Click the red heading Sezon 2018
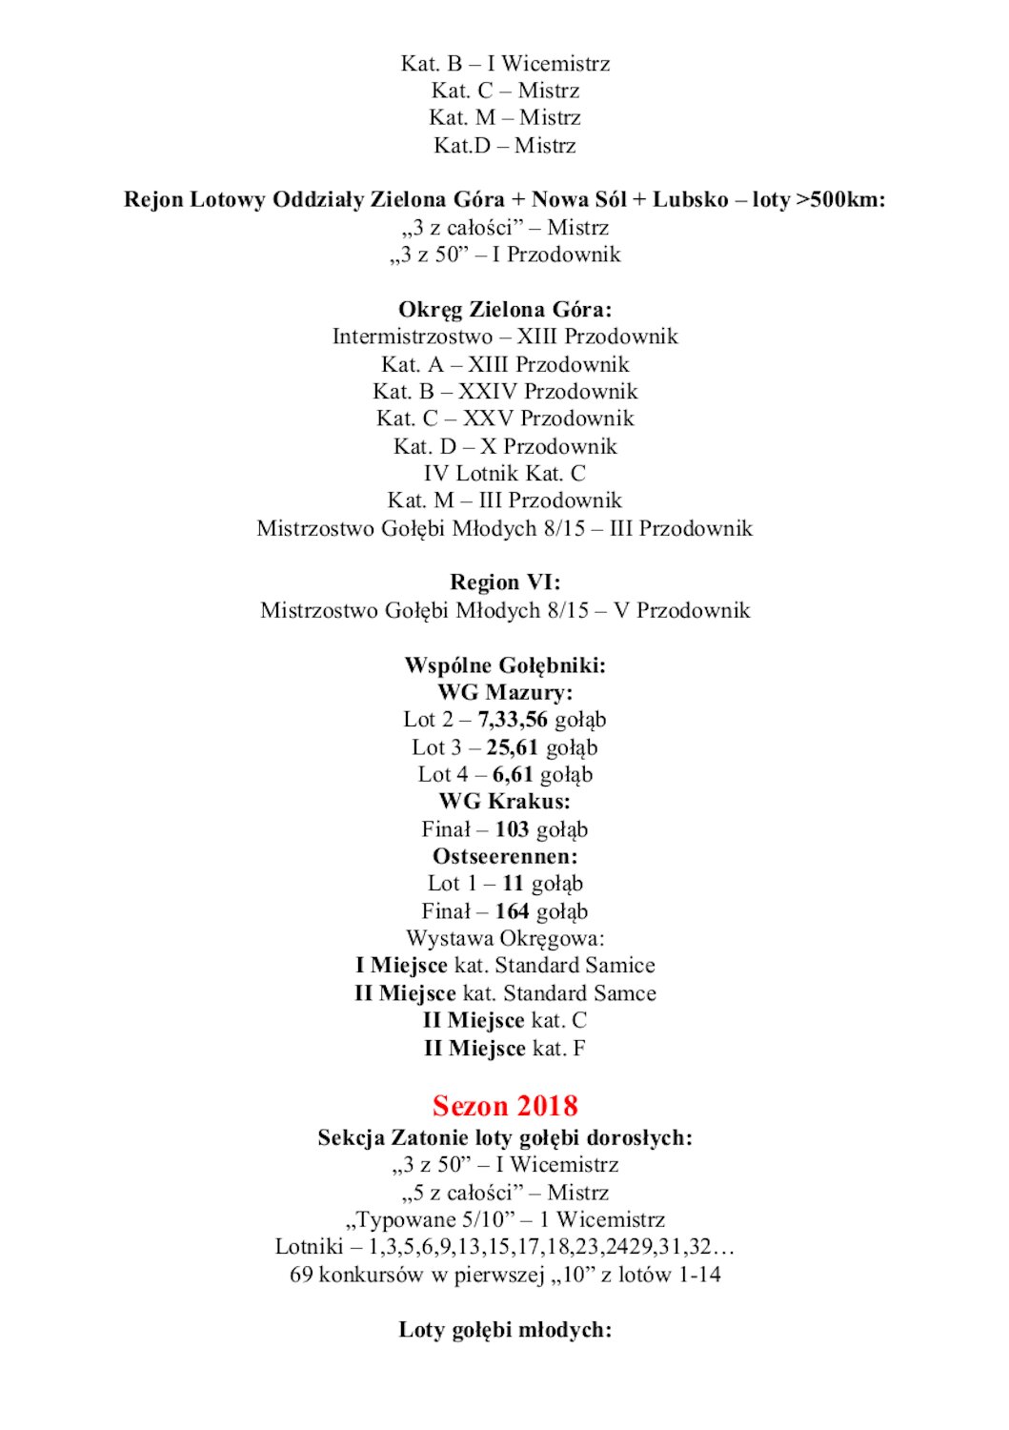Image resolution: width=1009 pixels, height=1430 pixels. (x=505, y=1106)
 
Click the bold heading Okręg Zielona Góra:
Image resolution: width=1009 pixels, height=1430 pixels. (x=505, y=310)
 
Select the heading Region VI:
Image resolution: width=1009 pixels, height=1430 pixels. (x=505, y=582)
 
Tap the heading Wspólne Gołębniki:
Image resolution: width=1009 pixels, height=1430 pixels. (x=505, y=665)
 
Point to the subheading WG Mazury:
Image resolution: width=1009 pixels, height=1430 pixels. (x=505, y=693)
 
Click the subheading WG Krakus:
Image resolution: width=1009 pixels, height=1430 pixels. (x=505, y=802)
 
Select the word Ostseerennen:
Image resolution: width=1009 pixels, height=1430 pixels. (x=505, y=856)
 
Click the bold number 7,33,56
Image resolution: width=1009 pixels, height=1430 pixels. (x=513, y=720)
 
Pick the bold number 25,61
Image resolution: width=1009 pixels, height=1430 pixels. (x=513, y=747)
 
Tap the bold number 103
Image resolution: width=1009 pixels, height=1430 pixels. (x=512, y=829)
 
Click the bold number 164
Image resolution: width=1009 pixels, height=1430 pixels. (x=512, y=911)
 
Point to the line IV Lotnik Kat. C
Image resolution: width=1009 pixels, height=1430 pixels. (x=505, y=474)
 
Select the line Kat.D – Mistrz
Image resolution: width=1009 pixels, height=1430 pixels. (x=505, y=146)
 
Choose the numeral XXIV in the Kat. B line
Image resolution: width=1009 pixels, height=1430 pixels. (x=488, y=392)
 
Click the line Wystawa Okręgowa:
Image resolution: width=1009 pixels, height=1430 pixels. (x=505, y=939)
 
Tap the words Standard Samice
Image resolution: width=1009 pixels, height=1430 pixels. (x=575, y=966)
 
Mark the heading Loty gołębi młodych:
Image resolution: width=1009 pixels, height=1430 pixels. (x=505, y=1330)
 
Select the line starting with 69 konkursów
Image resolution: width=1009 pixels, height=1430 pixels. (x=505, y=1275)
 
